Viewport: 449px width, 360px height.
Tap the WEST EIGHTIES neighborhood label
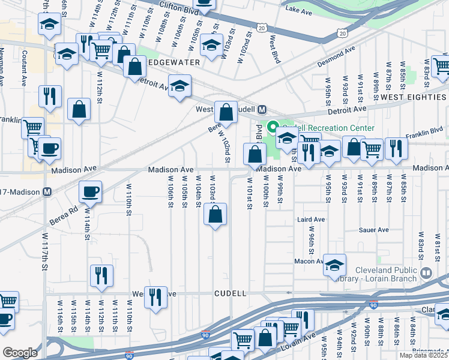[414, 97]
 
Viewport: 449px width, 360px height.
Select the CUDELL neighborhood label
[231, 293]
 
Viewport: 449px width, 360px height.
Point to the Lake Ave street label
[299, 10]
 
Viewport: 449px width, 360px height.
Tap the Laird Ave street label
[311, 220]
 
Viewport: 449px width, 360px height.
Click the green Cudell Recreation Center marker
[272, 128]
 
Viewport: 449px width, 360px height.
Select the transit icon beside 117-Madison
[47, 192]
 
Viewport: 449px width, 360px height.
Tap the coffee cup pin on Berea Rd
[91, 192]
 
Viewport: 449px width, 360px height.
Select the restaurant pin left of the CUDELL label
[156, 296]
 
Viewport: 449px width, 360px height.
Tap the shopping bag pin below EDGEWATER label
[134, 66]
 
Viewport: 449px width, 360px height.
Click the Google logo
[20, 353]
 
